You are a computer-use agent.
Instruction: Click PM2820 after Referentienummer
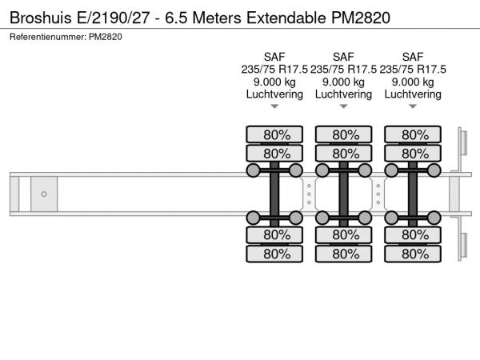click(106, 37)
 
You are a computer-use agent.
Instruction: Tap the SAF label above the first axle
click(274, 57)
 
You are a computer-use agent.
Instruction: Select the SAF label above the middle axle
click(343, 57)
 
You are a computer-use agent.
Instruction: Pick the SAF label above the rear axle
click(413, 57)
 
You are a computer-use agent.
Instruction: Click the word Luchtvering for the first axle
click(274, 94)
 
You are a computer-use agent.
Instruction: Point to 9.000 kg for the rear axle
click(413, 82)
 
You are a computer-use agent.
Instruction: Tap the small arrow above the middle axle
click(343, 106)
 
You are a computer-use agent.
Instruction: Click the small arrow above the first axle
click(274, 106)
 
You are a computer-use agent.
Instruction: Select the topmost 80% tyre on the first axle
click(274, 134)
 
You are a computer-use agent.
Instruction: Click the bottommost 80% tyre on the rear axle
click(413, 254)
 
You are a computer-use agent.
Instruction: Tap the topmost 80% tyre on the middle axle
click(343, 134)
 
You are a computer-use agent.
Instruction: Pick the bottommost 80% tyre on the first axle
click(274, 254)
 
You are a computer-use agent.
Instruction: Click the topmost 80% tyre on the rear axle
click(413, 134)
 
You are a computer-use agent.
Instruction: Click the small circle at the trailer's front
click(44, 194)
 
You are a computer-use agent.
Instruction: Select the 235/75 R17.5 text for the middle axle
click(343, 69)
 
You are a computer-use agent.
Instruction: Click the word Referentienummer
click(47, 37)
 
